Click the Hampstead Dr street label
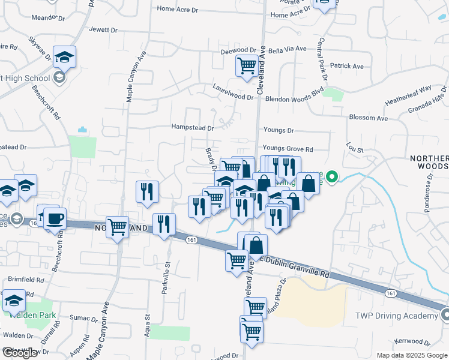(x=192, y=128)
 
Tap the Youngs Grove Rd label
(x=288, y=149)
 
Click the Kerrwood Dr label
(x=424, y=341)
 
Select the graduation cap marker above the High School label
(x=64, y=57)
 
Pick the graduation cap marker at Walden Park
(x=14, y=300)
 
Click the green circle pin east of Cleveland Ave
(x=331, y=177)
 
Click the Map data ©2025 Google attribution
(x=412, y=355)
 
